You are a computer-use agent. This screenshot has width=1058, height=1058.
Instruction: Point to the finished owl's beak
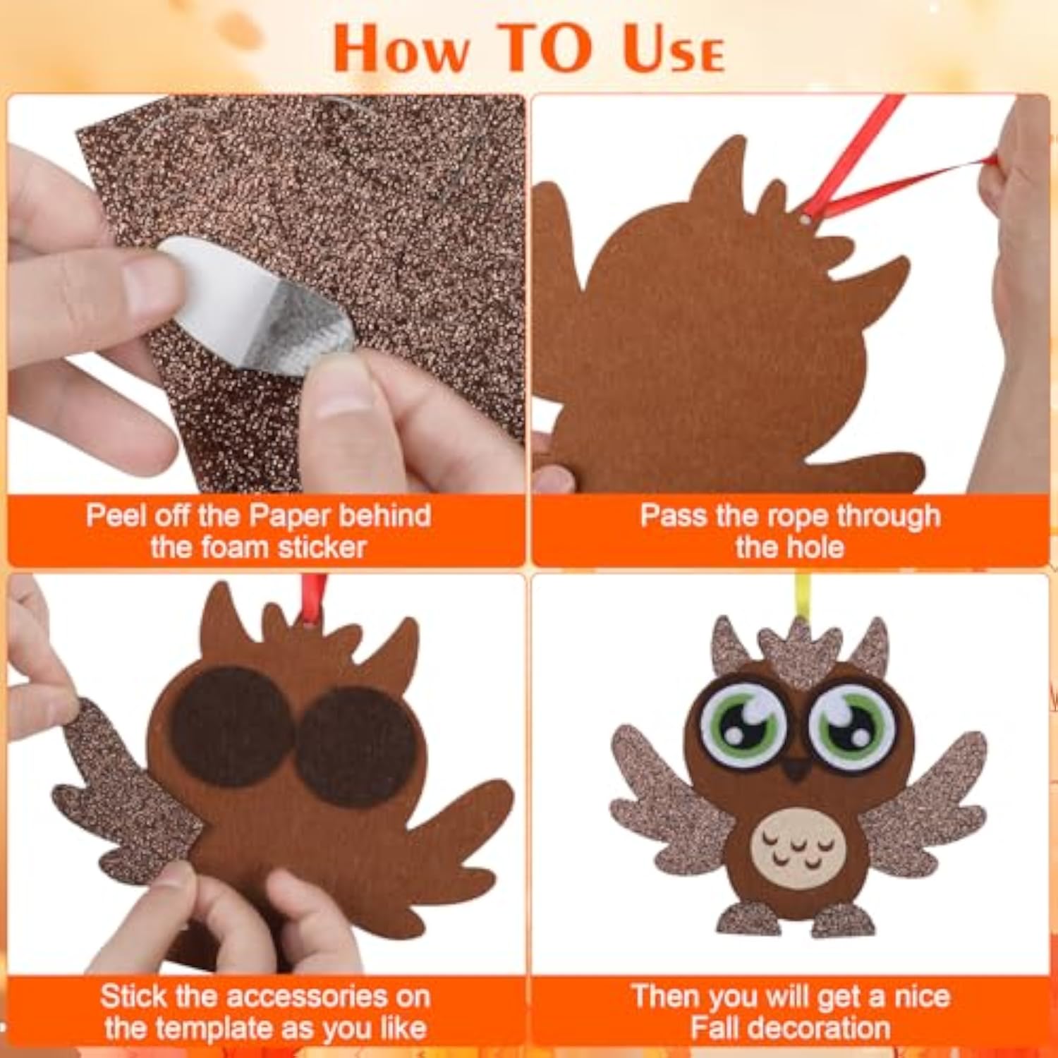(797, 768)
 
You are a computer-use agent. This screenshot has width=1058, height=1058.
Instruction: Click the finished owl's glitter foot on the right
(846, 918)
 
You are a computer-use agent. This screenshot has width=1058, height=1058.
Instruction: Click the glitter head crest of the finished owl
(801, 652)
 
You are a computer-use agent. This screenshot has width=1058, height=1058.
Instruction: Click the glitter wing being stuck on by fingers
(123, 793)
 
